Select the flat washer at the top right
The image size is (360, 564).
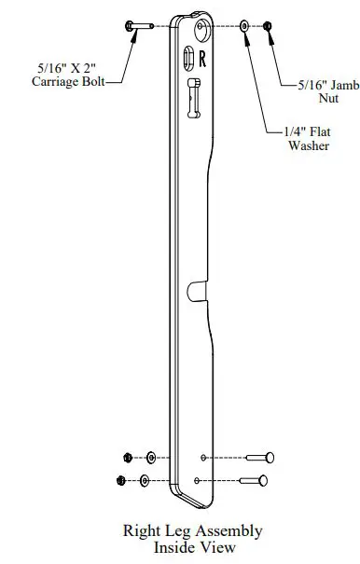pos(244,26)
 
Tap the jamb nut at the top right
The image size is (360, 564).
pos(269,26)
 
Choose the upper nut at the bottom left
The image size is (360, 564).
pos(128,458)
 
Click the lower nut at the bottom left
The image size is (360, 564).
pos(121,481)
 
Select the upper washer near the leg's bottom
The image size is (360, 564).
pos(151,458)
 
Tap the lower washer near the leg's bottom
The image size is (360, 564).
pos(145,481)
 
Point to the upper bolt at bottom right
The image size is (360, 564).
pos(259,458)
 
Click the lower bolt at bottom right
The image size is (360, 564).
pos(254,481)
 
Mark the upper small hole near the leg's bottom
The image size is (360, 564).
pos(203,458)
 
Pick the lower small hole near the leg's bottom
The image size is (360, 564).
pos(198,481)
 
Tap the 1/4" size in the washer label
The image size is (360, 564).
pos(292,133)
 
